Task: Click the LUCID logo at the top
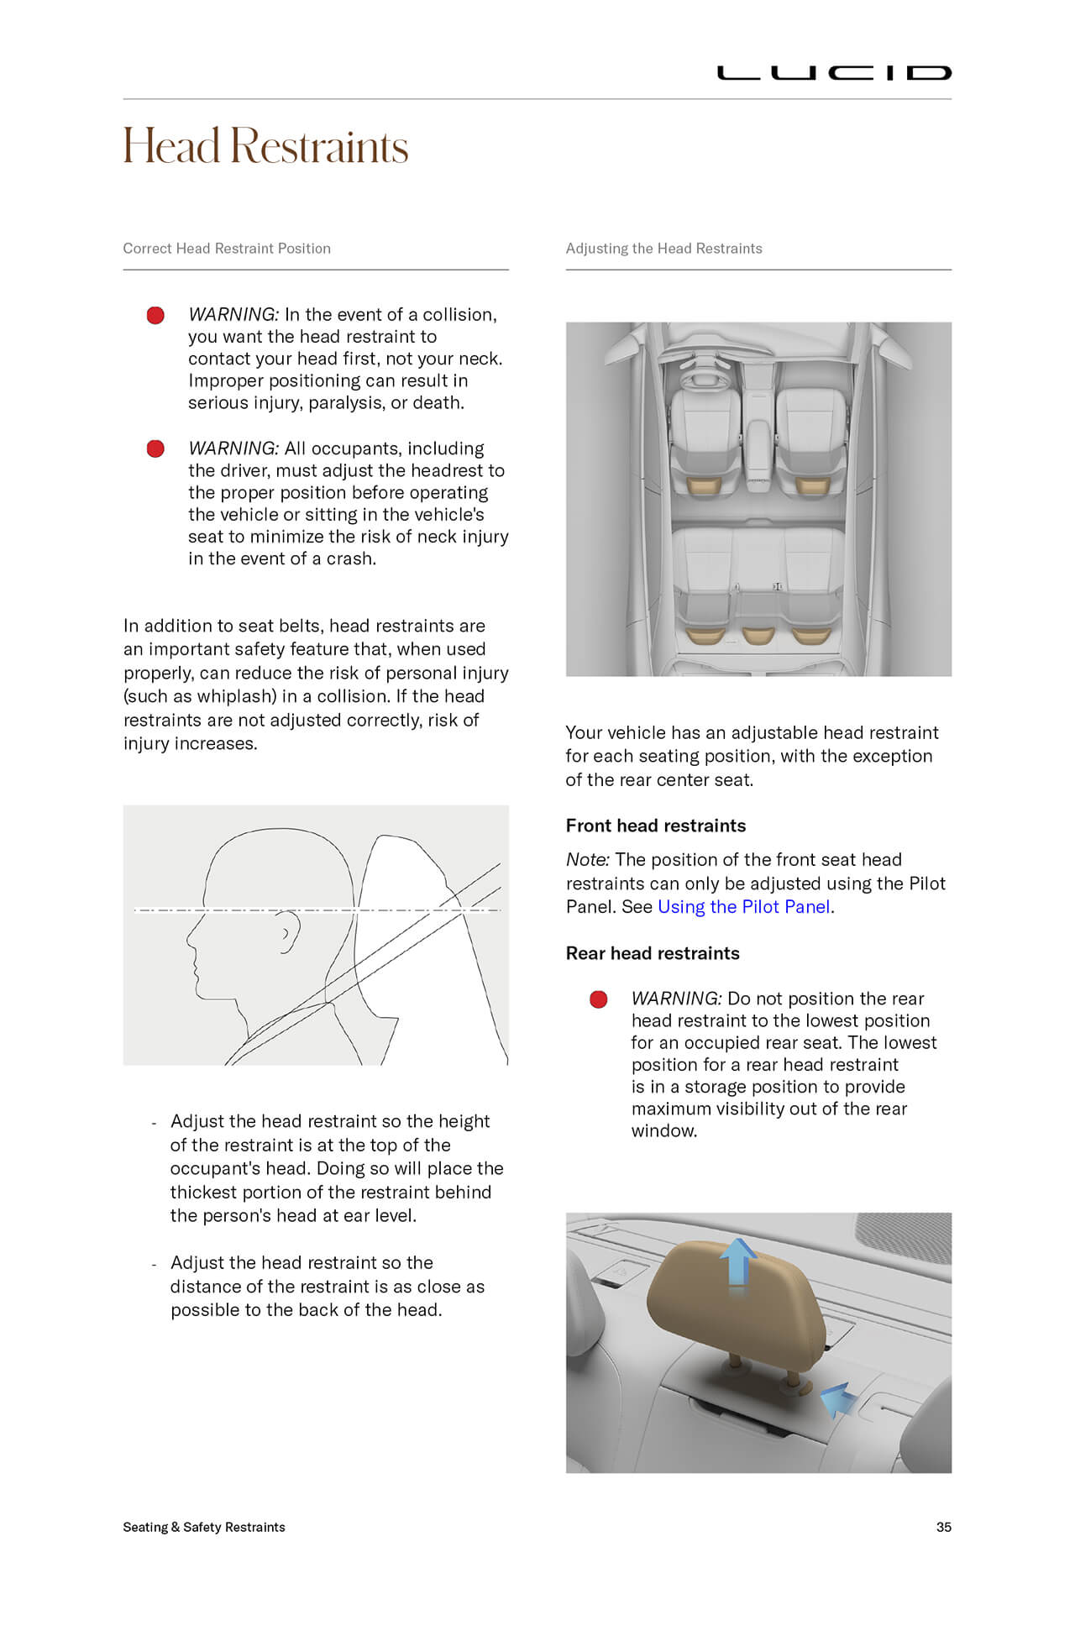[x=833, y=73]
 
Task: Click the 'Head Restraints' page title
[x=265, y=146]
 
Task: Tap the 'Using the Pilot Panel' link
[x=744, y=907]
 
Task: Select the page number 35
[x=943, y=1527]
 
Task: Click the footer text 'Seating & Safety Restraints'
[x=204, y=1527]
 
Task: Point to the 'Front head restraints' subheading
[x=656, y=826]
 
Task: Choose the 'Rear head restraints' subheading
[x=653, y=953]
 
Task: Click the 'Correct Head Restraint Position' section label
[x=227, y=249]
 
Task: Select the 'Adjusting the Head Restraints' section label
[x=663, y=249]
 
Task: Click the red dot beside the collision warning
[x=155, y=316]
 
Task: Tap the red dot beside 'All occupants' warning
[x=155, y=449]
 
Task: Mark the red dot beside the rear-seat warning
[x=599, y=999]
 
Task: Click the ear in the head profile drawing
[x=287, y=934]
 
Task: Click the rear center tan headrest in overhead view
[x=758, y=635]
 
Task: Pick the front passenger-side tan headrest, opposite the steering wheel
[x=811, y=486]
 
